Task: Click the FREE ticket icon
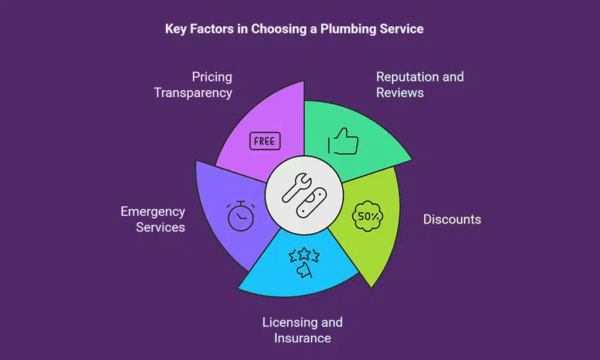tap(265, 141)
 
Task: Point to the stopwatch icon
tap(240, 216)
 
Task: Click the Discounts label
tap(452, 220)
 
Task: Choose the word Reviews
tap(400, 93)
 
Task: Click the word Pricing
tap(212, 77)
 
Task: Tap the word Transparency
tap(193, 93)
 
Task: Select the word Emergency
tap(152, 212)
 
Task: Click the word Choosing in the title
tap(275, 29)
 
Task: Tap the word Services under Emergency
tap(160, 227)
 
